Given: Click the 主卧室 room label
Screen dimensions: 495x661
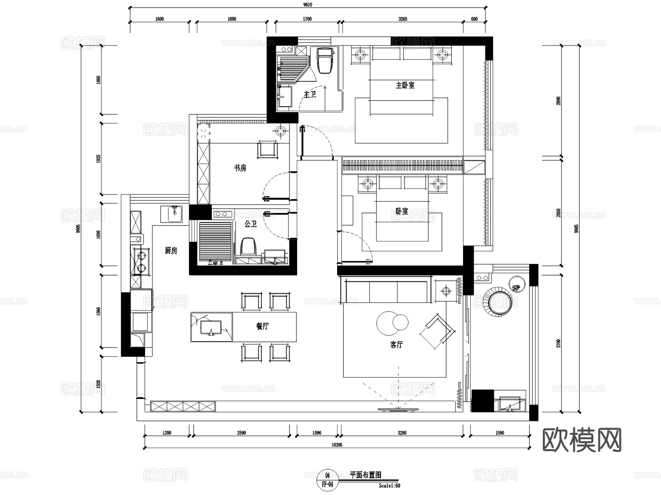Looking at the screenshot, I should (405, 85).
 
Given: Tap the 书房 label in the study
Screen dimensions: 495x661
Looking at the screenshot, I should (240, 168).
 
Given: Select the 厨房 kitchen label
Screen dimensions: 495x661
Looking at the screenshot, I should (171, 251).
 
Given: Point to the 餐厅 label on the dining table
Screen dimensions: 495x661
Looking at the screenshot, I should (263, 326).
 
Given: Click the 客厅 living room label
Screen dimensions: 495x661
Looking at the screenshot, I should (397, 345).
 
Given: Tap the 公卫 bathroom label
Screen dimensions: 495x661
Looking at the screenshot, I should (251, 224).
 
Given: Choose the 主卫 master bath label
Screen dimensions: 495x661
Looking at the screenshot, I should (310, 94).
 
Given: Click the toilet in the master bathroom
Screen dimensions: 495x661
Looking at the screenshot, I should (325, 61).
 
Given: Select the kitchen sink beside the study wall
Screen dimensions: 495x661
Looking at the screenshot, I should (174, 214).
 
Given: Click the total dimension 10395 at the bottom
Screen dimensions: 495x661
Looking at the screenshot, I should (337, 445).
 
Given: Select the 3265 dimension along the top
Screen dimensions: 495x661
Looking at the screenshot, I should (402, 19).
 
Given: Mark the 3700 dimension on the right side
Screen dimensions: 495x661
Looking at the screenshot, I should (559, 344).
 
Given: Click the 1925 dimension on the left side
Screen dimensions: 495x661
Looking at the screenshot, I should (98, 159).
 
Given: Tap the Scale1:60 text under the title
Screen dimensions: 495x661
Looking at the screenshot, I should (390, 486).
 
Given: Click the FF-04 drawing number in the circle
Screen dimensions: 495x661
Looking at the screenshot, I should (327, 484).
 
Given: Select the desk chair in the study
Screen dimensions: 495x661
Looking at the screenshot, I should (268, 149).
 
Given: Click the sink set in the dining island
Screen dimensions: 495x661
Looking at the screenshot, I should (211, 327).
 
